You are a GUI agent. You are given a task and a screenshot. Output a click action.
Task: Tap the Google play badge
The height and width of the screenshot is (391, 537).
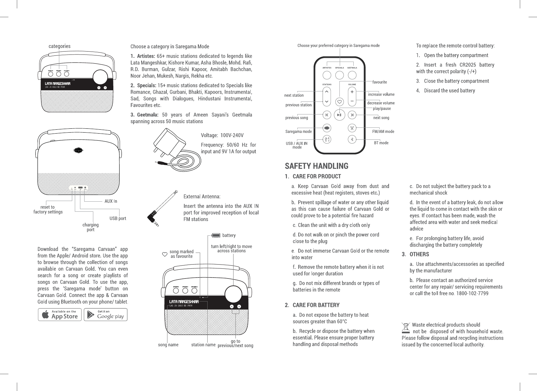coord(106,314)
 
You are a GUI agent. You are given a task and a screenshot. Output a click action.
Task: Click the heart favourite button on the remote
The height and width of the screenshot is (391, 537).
coord(339,101)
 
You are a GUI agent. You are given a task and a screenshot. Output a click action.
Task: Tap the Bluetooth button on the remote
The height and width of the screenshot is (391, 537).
coord(352,139)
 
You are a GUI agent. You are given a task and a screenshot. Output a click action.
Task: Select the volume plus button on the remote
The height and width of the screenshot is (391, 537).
coord(352,92)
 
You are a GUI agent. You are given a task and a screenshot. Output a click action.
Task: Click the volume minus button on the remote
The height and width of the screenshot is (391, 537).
coord(352,101)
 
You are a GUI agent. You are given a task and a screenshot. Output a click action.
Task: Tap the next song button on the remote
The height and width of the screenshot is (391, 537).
coord(352,115)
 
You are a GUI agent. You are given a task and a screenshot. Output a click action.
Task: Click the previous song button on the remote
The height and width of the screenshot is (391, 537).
coord(327,115)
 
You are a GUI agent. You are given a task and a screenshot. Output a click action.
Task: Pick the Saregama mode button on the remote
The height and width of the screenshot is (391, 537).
coord(327,128)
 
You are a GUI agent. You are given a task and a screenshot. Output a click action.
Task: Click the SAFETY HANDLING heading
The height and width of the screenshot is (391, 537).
coord(316,166)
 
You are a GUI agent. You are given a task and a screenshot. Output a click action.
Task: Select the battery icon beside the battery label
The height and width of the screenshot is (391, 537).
coord(216,235)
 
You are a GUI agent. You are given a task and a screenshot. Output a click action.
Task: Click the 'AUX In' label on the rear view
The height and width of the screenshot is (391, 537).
coord(111,201)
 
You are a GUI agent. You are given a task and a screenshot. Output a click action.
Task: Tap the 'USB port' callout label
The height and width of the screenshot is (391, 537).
coord(118,219)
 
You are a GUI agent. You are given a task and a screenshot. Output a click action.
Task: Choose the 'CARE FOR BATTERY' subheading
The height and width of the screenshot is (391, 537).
coord(316,305)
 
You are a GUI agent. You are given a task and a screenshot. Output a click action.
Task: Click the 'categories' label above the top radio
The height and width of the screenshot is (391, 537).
coord(59,46)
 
